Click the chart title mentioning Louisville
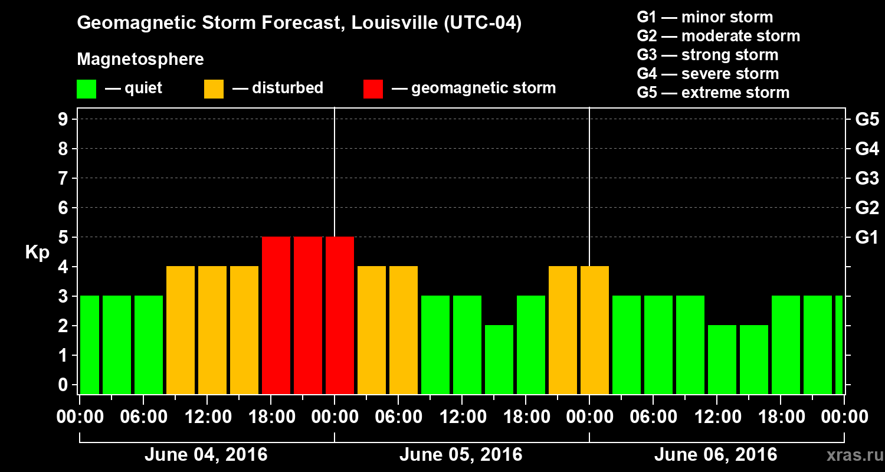299,24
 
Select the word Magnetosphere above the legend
140,60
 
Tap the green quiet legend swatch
86,89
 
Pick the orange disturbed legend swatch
214,89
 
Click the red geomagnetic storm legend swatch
373,89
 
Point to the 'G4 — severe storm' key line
708,74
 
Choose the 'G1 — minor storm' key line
705,17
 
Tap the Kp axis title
37,253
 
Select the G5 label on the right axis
867,120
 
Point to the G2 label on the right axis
867,208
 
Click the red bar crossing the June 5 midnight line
340,315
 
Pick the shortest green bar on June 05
499,359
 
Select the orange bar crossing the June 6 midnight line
595,330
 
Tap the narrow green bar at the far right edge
839,345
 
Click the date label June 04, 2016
206,455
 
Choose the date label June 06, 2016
716,455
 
